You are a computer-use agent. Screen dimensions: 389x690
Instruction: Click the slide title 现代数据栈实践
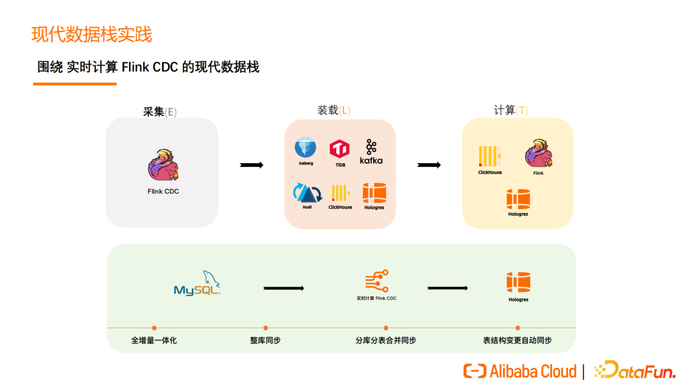(x=92, y=34)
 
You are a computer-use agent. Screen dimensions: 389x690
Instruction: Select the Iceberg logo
(x=305, y=148)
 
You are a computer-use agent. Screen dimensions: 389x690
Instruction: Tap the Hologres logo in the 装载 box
(x=374, y=193)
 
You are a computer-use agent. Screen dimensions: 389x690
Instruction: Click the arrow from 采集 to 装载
(x=252, y=165)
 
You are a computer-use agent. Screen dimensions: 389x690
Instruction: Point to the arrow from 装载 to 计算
(x=429, y=165)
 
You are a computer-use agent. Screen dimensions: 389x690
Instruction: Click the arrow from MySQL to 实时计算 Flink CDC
(x=284, y=288)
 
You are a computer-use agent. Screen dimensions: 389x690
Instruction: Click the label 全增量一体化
(x=154, y=340)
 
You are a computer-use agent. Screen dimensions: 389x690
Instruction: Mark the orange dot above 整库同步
(x=265, y=328)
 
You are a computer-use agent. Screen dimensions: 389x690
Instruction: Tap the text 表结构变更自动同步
(x=517, y=340)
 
